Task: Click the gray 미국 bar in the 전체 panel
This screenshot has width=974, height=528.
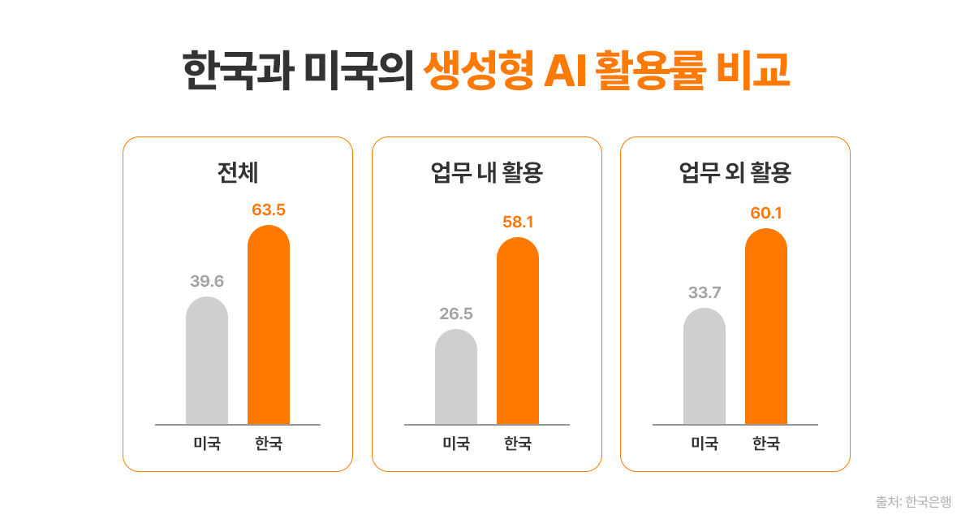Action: coord(207,361)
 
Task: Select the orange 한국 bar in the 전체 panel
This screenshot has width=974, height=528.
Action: coord(269,325)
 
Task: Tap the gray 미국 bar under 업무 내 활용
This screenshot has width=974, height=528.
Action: coord(456,378)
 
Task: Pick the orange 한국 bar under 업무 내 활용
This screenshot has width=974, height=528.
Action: coord(518,331)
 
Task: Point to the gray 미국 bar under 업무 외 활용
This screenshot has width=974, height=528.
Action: coord(705,367)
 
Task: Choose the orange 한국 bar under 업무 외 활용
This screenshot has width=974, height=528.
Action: coord(766,327)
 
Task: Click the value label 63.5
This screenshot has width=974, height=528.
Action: coord(269,210)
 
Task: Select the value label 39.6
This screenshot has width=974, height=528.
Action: coord(207,281)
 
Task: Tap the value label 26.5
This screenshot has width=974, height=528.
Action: coord(456,314)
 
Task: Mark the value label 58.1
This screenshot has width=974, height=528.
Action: coord(518,222)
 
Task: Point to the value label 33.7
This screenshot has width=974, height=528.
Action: coord(705,292)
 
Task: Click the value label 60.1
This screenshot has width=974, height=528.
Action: coord(766,214)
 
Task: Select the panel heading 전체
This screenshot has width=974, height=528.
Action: coord(238,172)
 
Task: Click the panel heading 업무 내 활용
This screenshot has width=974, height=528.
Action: coord(487,172)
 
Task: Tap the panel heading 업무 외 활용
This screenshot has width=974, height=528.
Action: coord(735,172)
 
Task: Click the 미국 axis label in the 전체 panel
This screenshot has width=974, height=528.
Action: coord(207,444)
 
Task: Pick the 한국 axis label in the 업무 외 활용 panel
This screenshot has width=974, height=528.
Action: coord(766,444)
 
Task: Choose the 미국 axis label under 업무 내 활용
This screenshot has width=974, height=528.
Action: coord(456,444)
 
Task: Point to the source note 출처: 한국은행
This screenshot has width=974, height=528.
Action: coord(913,502)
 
